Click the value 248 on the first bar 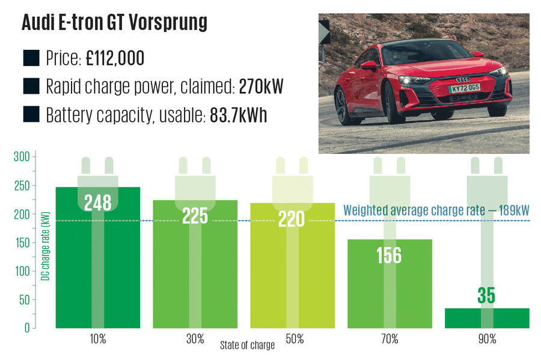point(98,203)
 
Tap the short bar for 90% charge point(487,319)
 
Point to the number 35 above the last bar point(487,296)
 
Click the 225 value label point(195,216)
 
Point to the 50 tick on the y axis point(23,300)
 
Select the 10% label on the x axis point(98,339)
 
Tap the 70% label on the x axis point(390,339)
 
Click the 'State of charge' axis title point(246,346)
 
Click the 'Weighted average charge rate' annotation point(435,211)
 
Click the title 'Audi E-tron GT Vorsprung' point(114,23)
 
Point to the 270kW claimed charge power point(252,87)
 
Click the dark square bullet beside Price point(31,59)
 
